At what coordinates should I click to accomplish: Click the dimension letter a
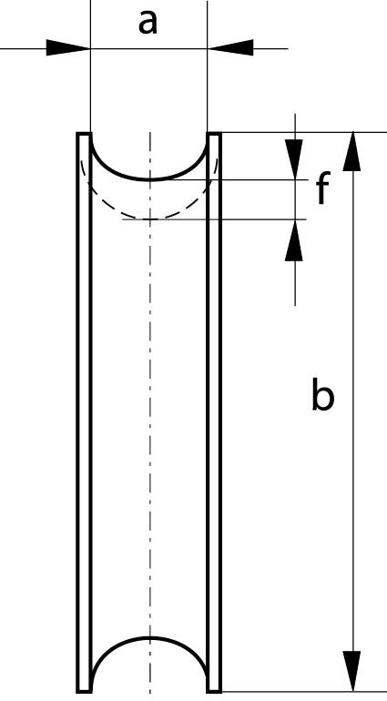point(148,23)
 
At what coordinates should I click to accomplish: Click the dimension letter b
point(322,394)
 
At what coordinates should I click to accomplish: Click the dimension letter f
point(323,188)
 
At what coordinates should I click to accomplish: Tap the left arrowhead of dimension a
point(68,48)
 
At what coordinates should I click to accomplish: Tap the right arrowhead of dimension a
point(230,48)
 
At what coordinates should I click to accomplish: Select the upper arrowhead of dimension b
point(352,151)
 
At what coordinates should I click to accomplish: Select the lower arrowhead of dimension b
point(352,672)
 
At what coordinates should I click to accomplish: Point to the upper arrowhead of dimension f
point(294,159)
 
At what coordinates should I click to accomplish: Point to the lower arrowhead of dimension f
point(294,240)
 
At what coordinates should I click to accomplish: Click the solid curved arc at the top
point(149,179)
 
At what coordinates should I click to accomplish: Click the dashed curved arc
point(149,218)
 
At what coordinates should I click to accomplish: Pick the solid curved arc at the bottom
point(149,638)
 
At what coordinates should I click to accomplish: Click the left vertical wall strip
point(84,412)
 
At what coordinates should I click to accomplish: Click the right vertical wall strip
point(214,412)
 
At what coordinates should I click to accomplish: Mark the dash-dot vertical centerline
point(150,412)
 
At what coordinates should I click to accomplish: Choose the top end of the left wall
point(84,133)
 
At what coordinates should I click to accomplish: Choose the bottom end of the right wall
point(214,692)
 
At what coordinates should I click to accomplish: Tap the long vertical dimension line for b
point(353,412)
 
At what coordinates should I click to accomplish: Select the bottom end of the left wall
point(84,692)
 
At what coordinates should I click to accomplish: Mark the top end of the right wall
point(214,133)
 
